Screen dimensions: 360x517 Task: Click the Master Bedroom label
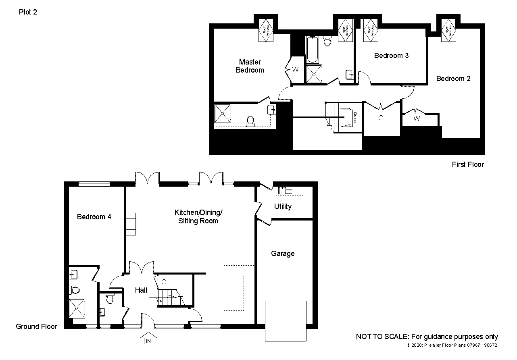pos(250,66)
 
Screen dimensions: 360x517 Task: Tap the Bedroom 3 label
pos(391,56)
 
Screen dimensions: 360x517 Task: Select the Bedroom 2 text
pos(453,79)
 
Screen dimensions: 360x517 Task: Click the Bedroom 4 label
pos(94,217)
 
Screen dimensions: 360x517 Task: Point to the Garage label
pos(282,254)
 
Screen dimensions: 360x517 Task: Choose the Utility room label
pos(282,206)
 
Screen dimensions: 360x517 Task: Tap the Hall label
pos(141,290)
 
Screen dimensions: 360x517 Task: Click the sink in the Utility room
pos(286,190)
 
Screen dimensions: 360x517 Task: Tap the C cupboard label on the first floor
pos(380,118)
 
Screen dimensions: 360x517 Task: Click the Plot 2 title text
pos(28,12)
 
